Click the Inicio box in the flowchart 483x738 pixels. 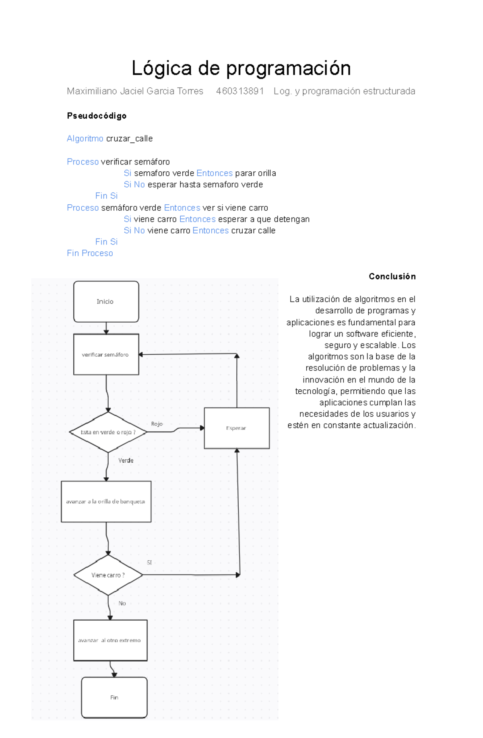click(x=106, y=302)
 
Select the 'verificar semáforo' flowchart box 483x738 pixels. click(x=106, y=354)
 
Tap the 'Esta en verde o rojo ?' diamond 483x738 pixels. click(x=108, y=432)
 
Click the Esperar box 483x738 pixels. click(x=237, y=428)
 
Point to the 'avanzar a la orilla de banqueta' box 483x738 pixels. click(x=106, y=502)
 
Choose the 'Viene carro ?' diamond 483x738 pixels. click(x=108, y=575)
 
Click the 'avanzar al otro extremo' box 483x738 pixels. click(x=110, y=640)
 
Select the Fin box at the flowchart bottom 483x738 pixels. click(x=114, y=697)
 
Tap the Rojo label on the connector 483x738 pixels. click(x=157, y=424)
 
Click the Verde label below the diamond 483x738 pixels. click(x=126, y=460)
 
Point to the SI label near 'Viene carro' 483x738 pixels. click(x=149, y=563)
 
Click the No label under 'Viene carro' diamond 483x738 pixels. click(x=122, y=603)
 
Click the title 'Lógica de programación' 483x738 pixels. click(x=241, y=68)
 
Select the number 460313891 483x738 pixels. click(x=239, y=91)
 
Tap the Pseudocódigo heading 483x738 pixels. click(x=97, y=116)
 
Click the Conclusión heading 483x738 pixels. click(x=392, y=276)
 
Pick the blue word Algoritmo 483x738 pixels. click(x=85, y=139)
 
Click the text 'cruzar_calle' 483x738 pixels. click(x=129, y=139)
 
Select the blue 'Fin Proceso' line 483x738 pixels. click(x=90, y=253)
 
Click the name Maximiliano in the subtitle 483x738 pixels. click(x=92, y=91)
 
